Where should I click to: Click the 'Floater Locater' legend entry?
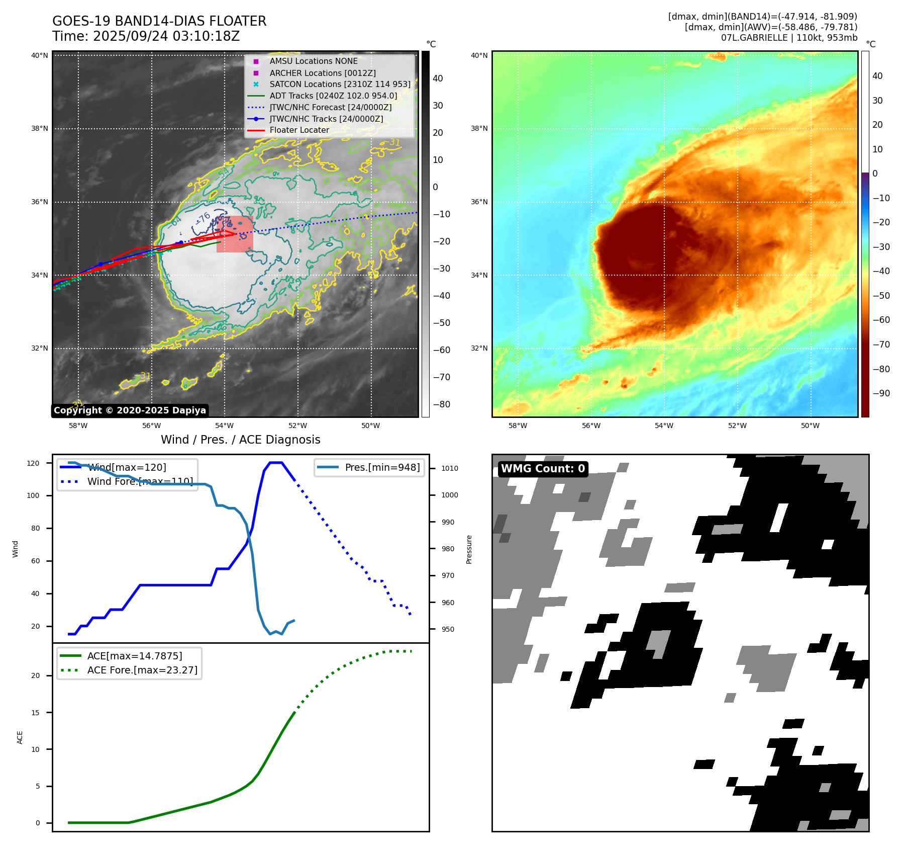299,130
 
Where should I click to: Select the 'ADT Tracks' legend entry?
333,96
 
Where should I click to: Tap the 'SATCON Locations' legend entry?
340,84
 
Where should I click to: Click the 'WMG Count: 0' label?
543,469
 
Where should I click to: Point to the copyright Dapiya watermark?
130,410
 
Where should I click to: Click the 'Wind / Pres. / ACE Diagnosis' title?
240,440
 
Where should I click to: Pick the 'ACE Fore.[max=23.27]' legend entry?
142,670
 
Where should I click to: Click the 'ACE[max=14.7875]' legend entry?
134,656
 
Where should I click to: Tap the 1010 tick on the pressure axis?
449,468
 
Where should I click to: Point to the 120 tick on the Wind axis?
33,463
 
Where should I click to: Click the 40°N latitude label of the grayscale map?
40,55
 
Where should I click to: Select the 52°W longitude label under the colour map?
737,426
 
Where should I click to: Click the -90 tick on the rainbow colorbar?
881,393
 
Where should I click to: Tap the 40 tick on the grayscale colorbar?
438,78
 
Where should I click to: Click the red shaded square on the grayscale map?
235,234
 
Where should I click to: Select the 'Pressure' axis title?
469,549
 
